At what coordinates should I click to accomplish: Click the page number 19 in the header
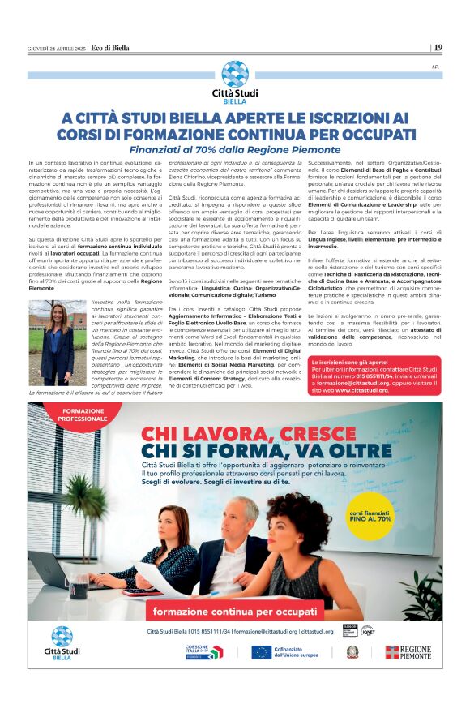point(438,47)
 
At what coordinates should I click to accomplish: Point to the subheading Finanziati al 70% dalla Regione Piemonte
point(234,151)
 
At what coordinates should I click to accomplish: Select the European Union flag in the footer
point(260,652)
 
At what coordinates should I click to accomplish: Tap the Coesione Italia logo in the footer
point(203,652)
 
